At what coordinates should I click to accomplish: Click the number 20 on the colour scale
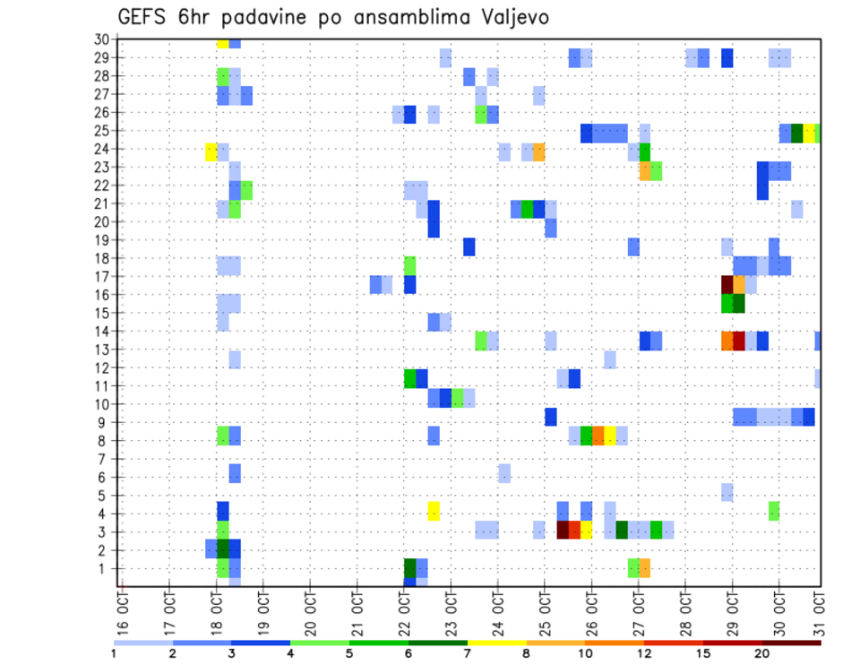click(762, 652)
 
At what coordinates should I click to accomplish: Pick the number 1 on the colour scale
click(114, 652)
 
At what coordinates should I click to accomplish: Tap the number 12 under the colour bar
click(645, 652)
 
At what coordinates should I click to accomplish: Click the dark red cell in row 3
click(563, 530)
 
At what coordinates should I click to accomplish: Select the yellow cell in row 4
click(434, 511)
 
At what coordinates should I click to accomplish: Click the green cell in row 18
click(410, 265)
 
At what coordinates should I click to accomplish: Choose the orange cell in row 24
click(538, 151)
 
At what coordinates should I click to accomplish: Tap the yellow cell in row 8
click(609, 436)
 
